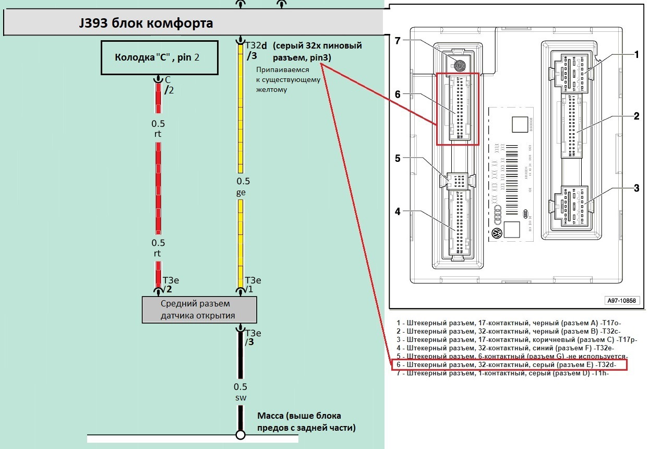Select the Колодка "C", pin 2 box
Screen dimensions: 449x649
(159, 57)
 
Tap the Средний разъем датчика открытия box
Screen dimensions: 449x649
(199, 310)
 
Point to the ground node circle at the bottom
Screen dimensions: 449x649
(241, 434)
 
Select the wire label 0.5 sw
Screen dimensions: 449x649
(241, 392)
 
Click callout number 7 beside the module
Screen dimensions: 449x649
(397, 41)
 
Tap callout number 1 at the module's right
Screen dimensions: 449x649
(636, 54)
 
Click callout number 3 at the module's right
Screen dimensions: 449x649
(636, 188)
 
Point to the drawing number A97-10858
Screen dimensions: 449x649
(621, 301)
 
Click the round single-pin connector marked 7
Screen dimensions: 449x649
(460, 66)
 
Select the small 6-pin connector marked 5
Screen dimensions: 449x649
(459, 181)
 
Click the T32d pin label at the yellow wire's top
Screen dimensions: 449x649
(257, 45)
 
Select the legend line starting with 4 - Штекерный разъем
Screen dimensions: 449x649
(506, 347)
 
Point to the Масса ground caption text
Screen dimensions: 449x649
(306, 422)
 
